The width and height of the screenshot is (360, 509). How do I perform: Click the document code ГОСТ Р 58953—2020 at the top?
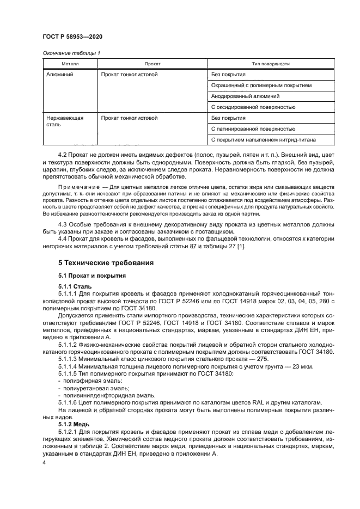[x=72, y=36]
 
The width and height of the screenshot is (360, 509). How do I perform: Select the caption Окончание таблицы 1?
[x=71, y=53]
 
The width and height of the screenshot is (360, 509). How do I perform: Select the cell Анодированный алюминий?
[x=241, y=96]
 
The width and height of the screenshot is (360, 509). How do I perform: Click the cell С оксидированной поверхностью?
[x=253, y=107]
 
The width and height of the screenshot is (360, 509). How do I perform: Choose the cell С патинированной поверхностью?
[x=253, y=128]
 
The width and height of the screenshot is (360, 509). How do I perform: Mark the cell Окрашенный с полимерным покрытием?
[x=261, y=85]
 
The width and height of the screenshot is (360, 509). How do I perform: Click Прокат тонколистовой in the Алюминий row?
[x=129, y=74]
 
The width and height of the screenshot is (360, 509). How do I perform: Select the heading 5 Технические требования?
[x=102, y=262]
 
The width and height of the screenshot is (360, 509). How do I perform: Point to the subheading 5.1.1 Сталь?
[x=75, y=286]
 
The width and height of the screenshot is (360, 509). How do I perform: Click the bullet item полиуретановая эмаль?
[x=88, y=388]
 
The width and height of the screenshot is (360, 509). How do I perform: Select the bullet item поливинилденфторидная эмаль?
[x=98, y=395]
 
